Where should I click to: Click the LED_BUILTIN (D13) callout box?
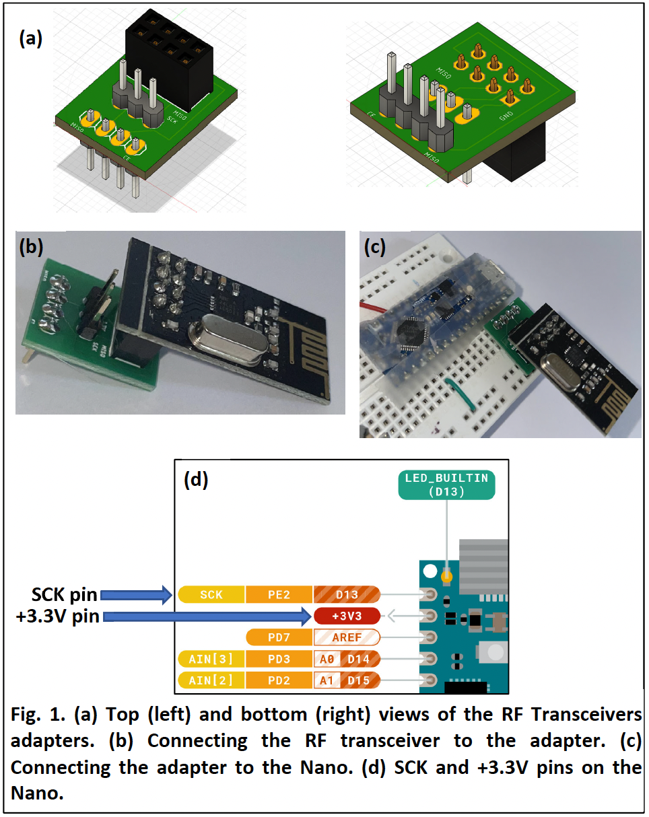[x=447, y=485]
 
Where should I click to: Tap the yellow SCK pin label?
[x=211, y=594]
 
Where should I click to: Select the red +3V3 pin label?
[x=346, y=615]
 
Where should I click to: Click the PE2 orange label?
[x=279, y=594]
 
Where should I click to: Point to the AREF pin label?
[x=347, y=637]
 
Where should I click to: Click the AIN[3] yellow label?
[x=211, y=658]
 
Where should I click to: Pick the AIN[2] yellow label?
[x=211, y=680]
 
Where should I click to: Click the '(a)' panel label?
[x=31, y=39]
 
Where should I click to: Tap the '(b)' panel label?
[x=31, y=247]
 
